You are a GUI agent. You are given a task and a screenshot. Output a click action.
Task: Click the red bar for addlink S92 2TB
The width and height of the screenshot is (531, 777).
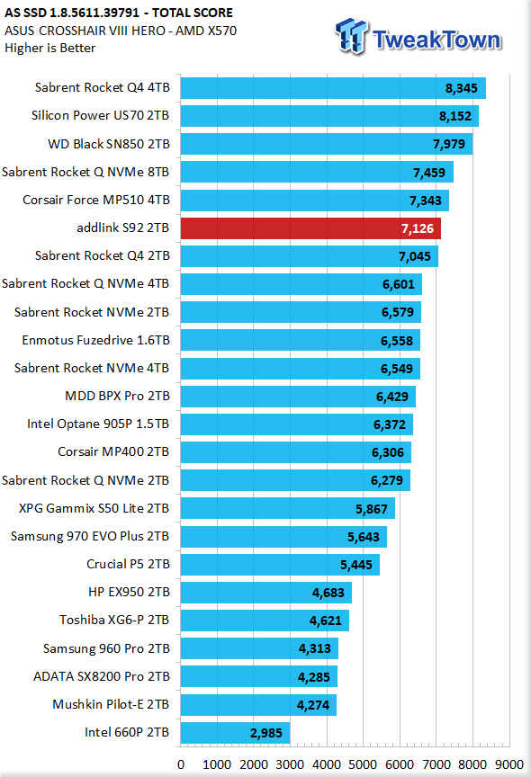310,228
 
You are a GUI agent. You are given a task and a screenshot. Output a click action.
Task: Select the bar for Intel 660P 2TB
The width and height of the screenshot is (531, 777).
235,733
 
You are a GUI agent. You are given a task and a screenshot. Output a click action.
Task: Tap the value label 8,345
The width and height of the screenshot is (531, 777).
461,88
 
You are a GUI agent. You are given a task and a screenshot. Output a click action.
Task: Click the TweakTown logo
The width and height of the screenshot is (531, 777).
418,37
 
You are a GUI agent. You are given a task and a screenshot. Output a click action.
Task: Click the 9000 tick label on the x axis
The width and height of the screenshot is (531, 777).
508,764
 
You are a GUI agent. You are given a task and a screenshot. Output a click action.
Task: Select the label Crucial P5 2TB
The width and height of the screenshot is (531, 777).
128,565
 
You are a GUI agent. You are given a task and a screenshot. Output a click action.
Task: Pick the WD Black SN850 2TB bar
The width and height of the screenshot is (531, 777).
326,144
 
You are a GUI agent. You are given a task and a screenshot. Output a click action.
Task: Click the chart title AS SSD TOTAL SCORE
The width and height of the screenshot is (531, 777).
119,13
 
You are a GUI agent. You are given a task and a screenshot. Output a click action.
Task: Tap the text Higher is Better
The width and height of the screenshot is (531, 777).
50,48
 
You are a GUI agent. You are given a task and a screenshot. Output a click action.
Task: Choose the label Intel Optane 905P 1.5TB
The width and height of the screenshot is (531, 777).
98,424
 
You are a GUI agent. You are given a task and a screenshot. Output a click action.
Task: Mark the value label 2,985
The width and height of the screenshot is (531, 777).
266,734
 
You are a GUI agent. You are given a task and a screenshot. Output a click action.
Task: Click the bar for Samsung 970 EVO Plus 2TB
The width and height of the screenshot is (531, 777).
283,537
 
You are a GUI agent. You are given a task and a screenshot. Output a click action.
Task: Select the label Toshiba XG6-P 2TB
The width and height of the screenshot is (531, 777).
114,620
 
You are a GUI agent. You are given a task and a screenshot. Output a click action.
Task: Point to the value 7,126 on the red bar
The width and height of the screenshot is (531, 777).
418,229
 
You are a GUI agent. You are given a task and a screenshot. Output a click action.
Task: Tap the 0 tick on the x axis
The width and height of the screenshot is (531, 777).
181,764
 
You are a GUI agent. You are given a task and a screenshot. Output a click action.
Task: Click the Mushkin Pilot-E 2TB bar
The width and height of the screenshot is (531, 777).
258,705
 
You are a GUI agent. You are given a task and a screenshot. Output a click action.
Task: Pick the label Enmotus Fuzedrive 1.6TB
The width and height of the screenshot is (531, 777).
95,341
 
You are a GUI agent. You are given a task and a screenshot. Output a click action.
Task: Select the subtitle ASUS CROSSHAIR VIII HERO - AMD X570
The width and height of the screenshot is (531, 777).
121,31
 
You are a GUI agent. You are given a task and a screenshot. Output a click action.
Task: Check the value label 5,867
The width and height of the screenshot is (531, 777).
372,509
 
